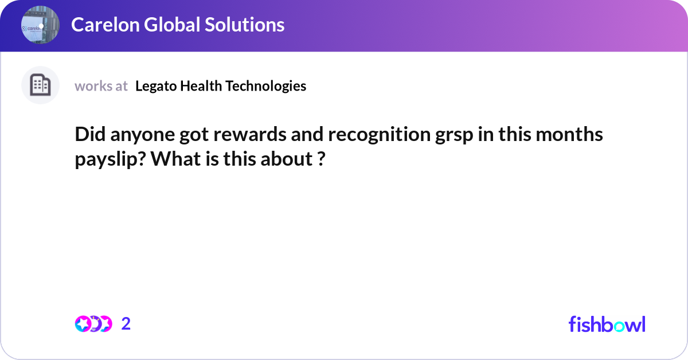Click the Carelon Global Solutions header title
tap(177, 25)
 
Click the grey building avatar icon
tap(40, 85)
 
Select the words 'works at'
tap(101, 86)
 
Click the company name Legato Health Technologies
tap(221, 86)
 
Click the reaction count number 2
tap(126, 324)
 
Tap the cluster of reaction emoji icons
tap(93, 324)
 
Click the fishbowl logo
tap(607, 324)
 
